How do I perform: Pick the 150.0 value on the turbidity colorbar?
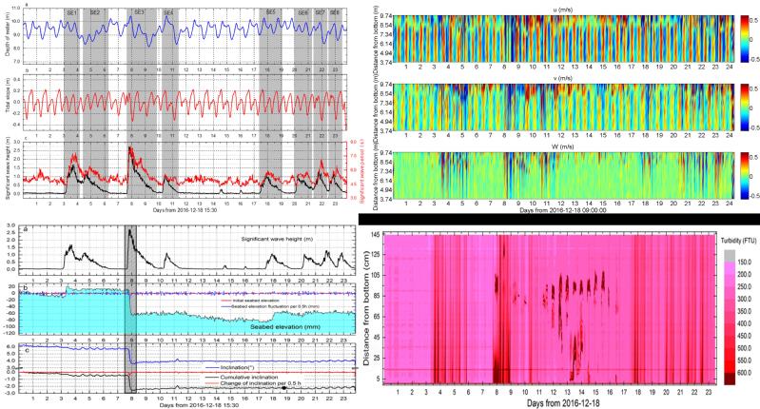(728, 258)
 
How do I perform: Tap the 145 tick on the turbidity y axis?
(387, 234)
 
